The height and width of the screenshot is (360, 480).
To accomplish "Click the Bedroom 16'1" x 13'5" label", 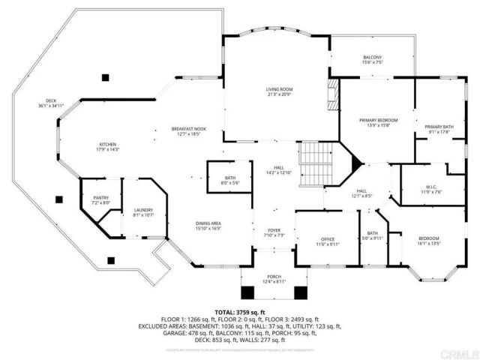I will coord(429,241).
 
